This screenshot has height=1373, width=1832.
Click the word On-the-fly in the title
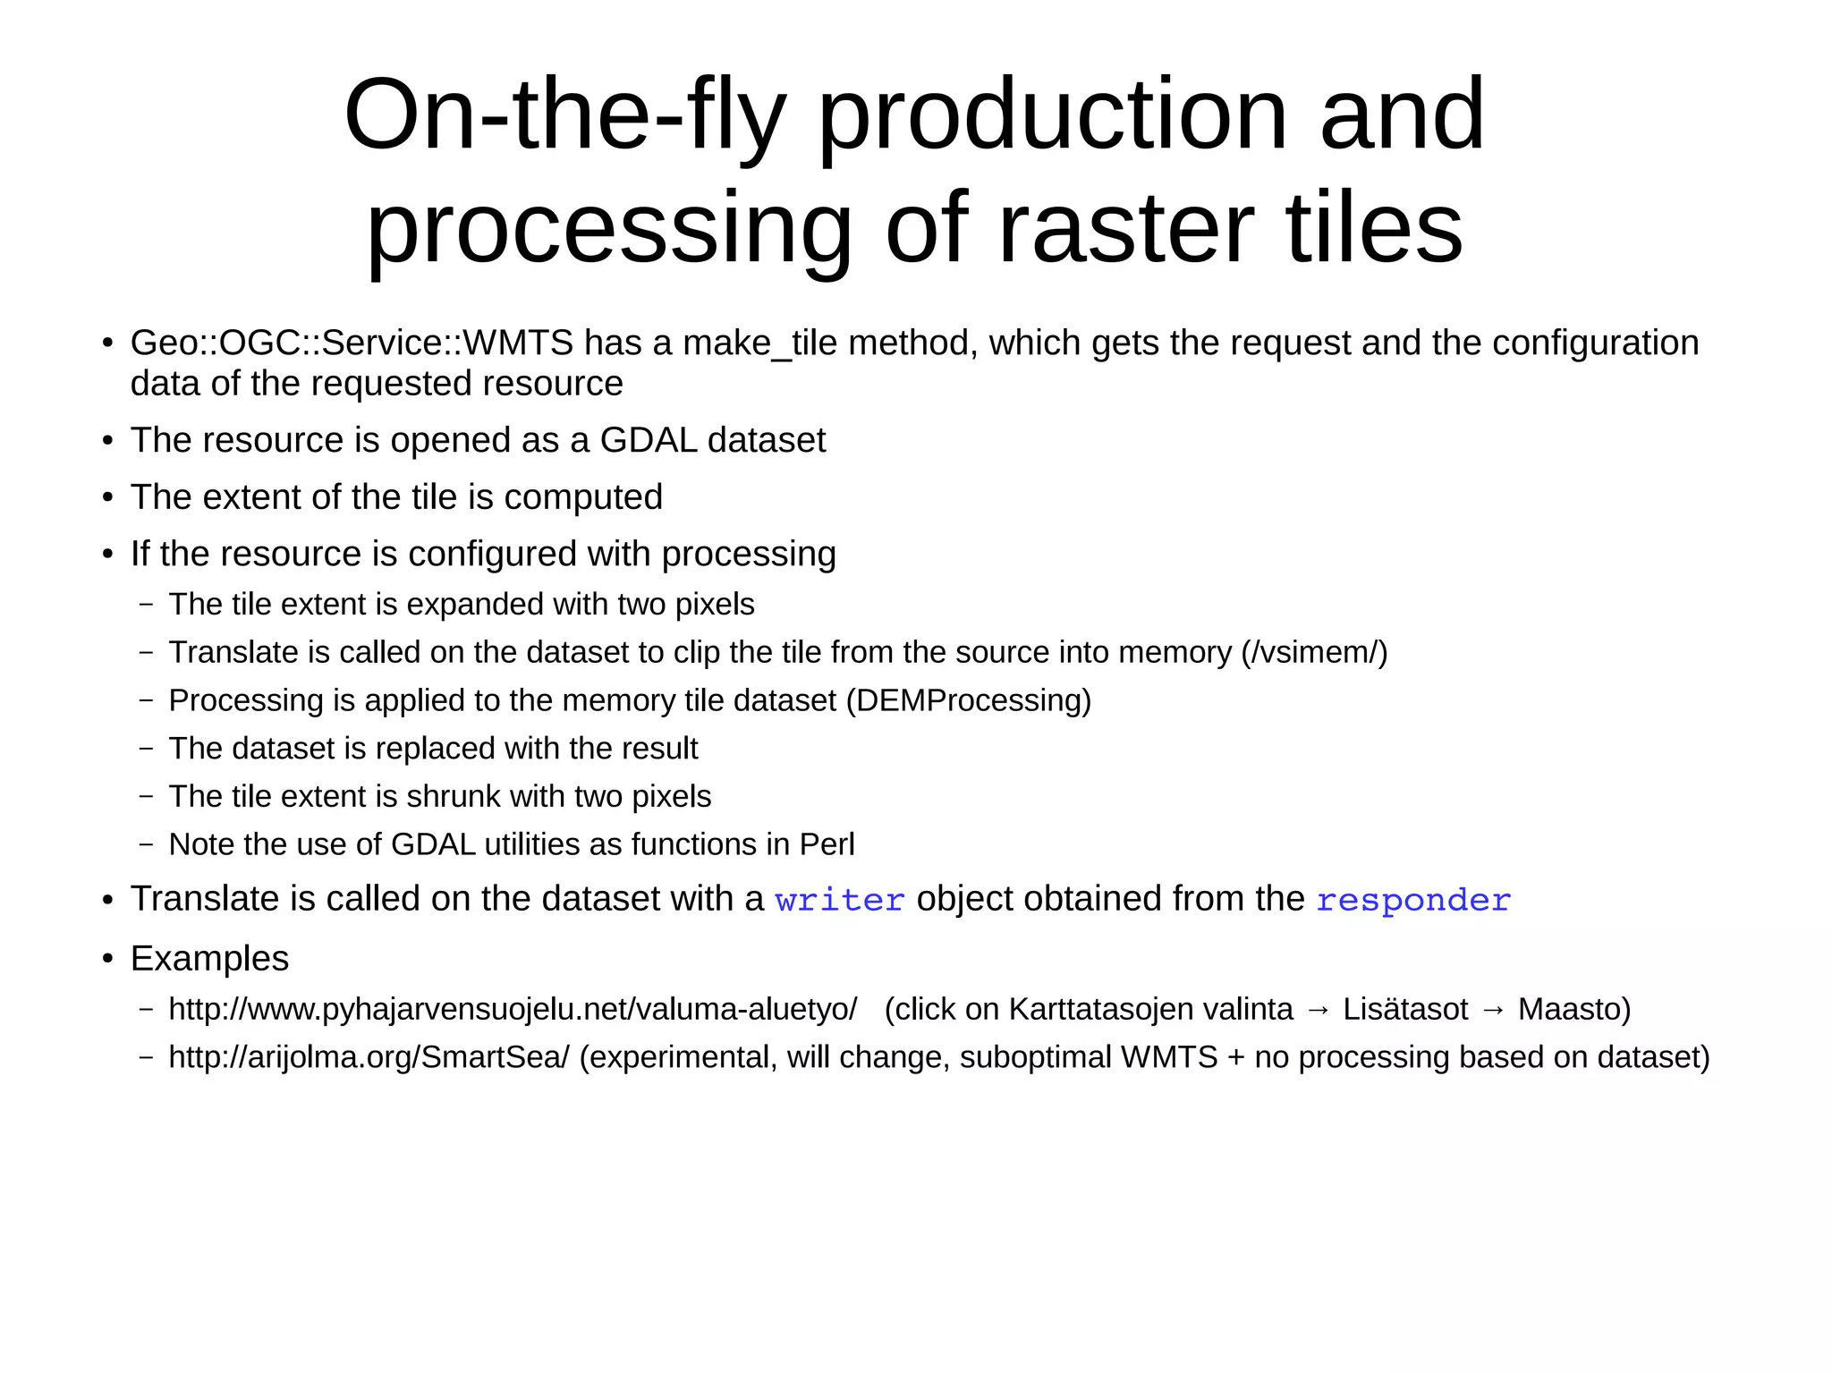(564, 116)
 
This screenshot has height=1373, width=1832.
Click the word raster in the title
(1125, 230)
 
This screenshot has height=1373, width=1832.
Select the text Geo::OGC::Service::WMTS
(352, 343)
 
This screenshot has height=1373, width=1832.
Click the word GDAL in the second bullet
(648, 441)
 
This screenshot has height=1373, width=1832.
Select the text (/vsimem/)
(1314, 653)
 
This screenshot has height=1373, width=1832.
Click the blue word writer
(839, 901)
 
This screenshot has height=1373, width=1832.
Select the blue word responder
(1412, 901)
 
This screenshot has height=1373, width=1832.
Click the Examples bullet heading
(209, 959)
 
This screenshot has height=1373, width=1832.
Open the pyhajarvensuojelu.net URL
(513, 1010)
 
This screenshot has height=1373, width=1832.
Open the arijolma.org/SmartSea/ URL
(369, 1058)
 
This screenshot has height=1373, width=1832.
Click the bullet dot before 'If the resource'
(108, 555)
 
